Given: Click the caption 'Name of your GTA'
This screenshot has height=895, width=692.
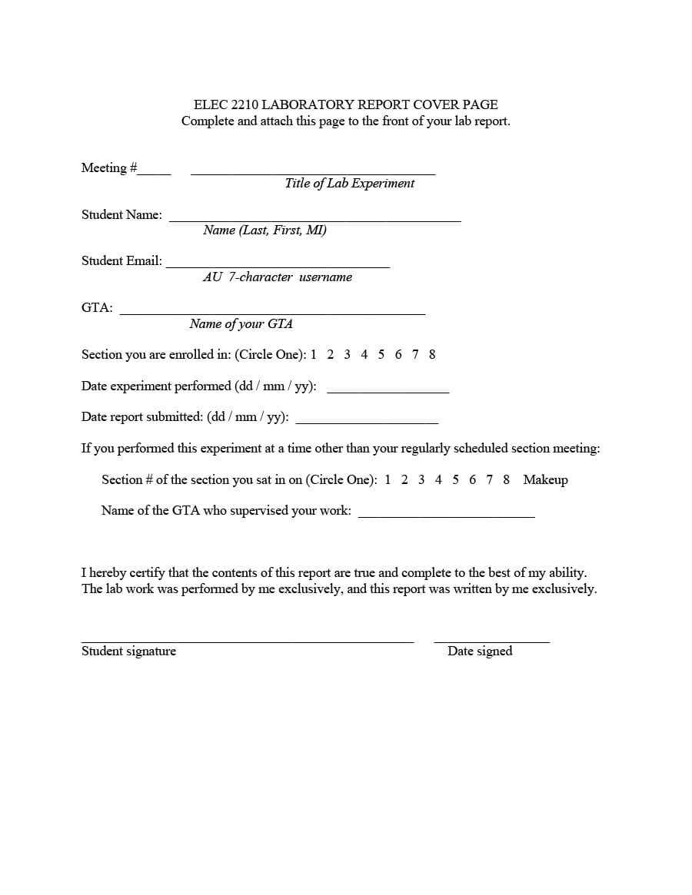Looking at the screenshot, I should (x=241, y=324).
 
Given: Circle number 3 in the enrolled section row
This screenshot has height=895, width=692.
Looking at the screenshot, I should (x=347, y=354).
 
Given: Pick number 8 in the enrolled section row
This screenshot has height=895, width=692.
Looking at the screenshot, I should (x=432, y=354).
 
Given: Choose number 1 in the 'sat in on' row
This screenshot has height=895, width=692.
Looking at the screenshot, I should (x=388, y=479).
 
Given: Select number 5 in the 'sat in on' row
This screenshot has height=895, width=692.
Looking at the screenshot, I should (x=455, y=479).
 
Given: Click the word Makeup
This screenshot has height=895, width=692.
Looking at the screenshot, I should (x=545, y=479).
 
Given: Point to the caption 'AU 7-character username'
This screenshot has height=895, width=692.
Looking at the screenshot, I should (x=278, y=277).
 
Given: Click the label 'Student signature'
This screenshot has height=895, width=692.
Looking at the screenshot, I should (x=128, y=651).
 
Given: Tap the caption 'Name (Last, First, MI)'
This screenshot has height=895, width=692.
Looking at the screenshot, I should (x=264, y=230).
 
